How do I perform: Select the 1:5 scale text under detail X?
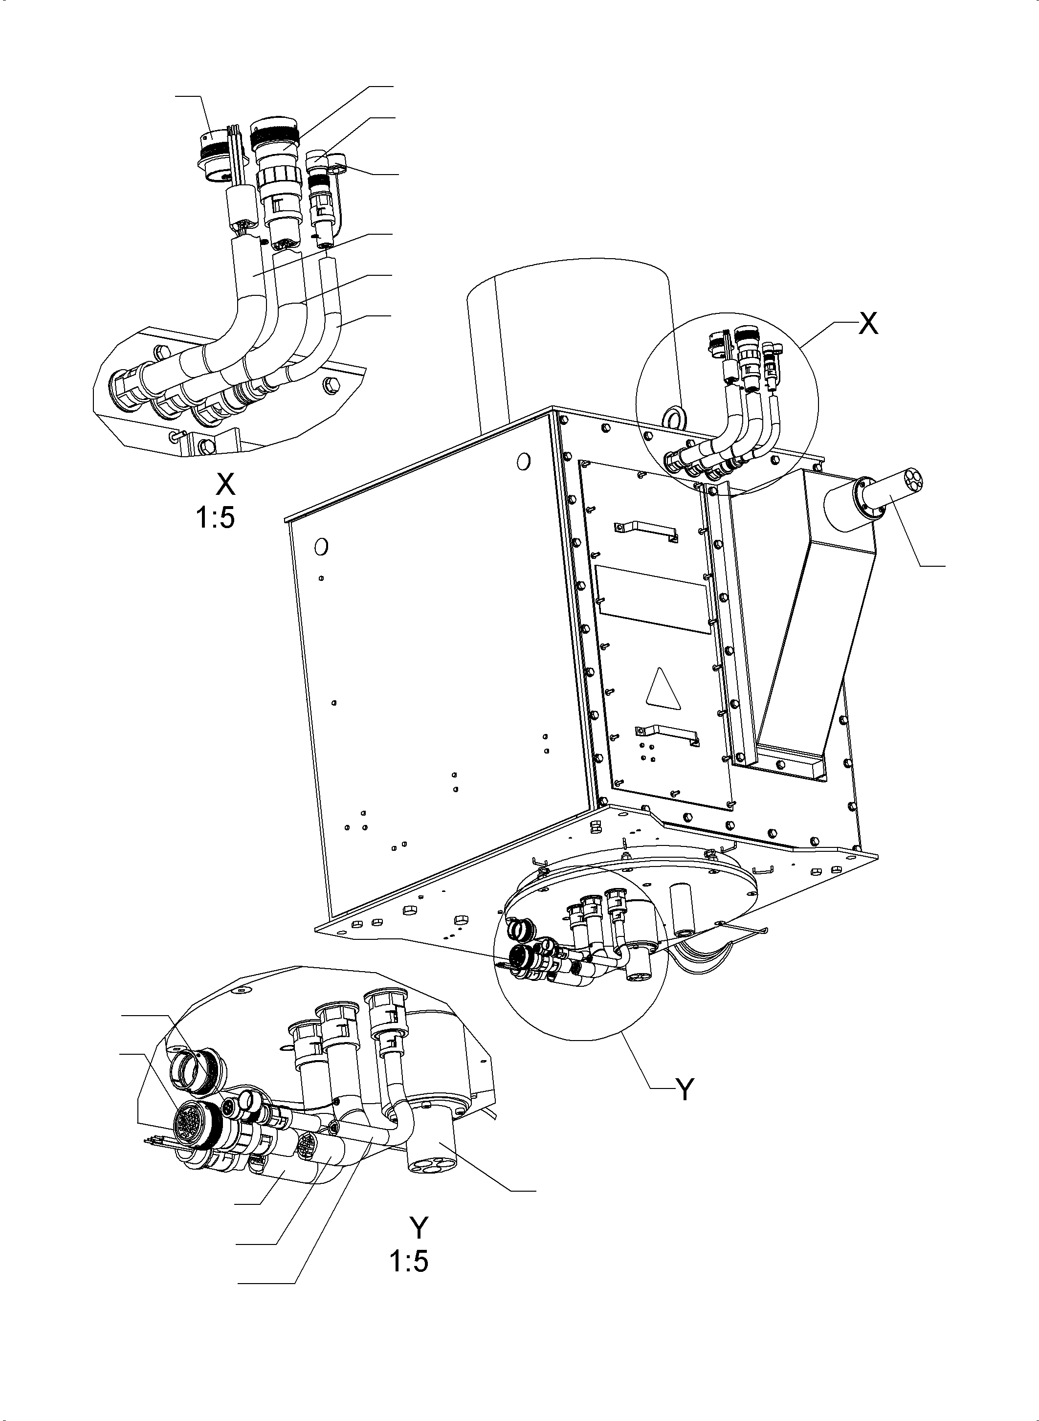point(215,518)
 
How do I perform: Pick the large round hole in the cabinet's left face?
point(321,546)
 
